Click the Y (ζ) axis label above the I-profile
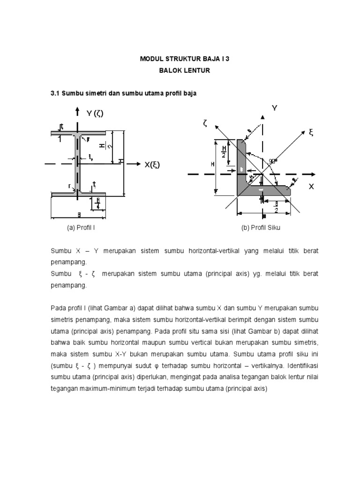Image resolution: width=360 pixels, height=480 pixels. click(95, 113)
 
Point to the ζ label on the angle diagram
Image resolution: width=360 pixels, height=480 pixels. click(205, 123)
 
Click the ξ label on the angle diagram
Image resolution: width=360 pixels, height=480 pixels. click(310, 133)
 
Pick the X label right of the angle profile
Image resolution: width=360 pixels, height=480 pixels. click(311, 187)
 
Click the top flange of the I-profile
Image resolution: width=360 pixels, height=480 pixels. click(78, 133)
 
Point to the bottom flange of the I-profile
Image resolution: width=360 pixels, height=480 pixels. click(78, 194)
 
